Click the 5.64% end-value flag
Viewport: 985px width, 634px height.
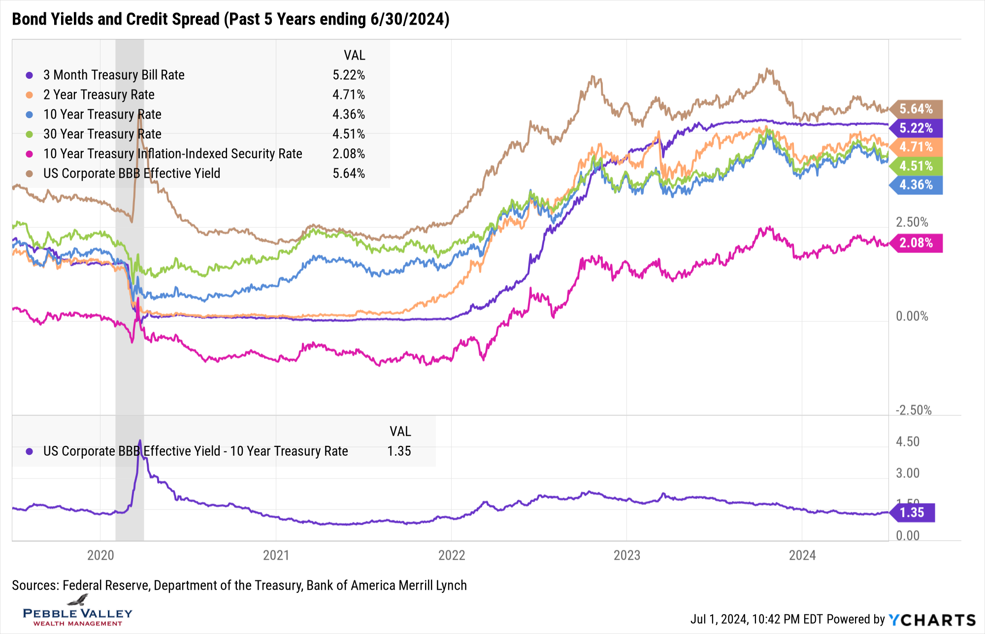(916, 109)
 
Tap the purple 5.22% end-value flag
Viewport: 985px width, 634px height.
(916, 128)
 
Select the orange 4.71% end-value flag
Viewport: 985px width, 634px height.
(916, 147)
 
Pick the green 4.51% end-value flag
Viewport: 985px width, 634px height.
(916, 166)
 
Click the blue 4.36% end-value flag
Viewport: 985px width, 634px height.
(916, 185)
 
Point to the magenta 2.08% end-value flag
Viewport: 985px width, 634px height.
(916, 243)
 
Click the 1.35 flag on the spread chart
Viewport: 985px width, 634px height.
(912, 512)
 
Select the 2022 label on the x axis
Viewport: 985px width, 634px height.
(452, 555)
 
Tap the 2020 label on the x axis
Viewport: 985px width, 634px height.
(100, 555)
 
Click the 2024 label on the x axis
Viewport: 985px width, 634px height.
(802, 555)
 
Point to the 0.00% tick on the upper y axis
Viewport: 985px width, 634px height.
(912, 316)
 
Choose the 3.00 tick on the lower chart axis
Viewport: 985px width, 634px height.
(908, 473)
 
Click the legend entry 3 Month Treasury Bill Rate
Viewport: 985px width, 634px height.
(114, 75)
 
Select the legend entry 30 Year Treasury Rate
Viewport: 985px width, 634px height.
(102, 134)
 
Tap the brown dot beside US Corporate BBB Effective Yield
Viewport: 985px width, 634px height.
(30, 173)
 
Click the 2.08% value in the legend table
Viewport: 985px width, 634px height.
(349, 154)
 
